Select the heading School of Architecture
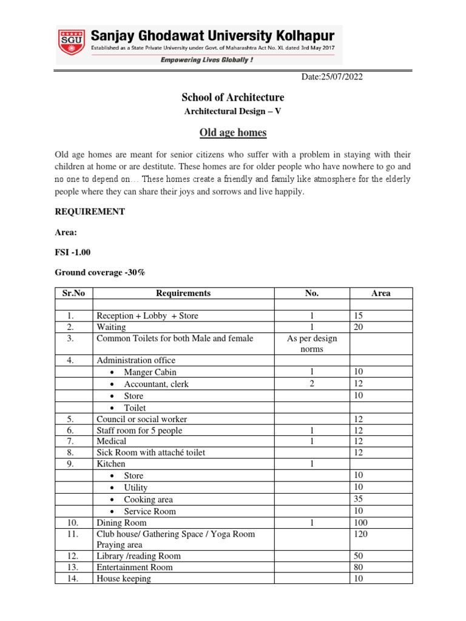(232, 98)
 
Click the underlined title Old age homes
(233, 133)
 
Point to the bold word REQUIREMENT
(90, 212)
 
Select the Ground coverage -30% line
(100, 272)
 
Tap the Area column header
(380, 293)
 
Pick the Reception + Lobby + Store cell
(147, 316)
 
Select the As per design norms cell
(311, 344)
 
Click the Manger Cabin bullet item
(150, 372)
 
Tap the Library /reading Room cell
(138, 556)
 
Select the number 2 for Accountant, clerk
(311, 384)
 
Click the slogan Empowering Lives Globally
(206, 59)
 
